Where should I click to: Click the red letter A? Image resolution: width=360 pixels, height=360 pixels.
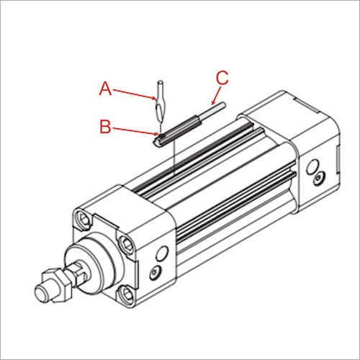coord(105,89)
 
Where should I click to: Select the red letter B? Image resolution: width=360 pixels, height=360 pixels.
coord(105,127)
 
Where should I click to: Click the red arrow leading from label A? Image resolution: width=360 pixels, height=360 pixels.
coord(133,94)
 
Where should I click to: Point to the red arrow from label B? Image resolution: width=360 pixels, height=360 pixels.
coord(133,130)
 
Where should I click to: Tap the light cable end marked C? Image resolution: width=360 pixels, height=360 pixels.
coord(216,109)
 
